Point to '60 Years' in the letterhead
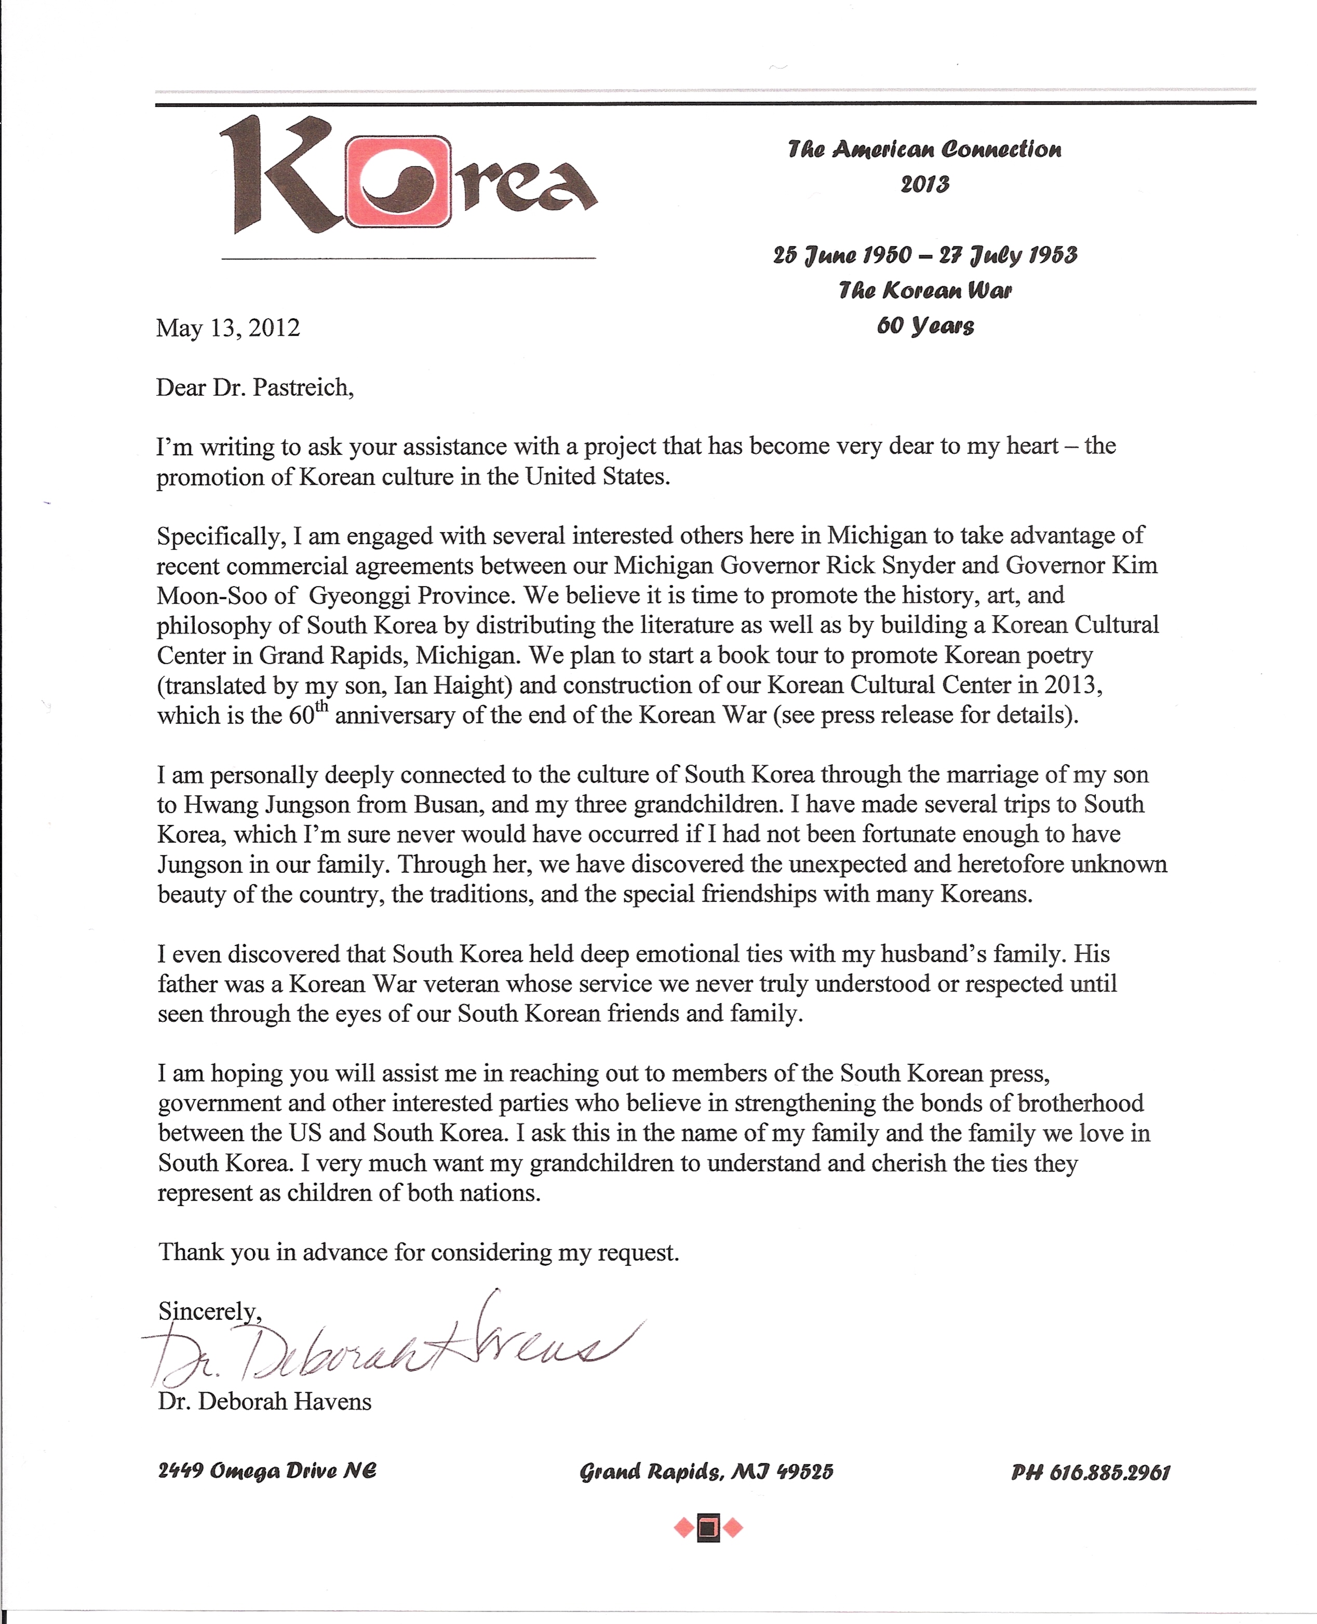coord(925,326)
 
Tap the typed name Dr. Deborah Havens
coord(265,1401)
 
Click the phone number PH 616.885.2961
coord(1090,1472)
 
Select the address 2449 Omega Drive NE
coord(267,1471)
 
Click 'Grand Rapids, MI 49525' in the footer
coord(706,1472)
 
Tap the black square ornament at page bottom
coord(708,1527)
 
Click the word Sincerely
coord(209,1311)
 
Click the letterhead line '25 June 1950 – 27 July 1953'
coord(925,255)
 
